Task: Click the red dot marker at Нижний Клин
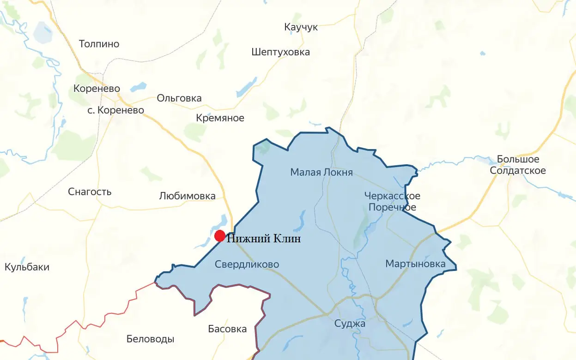point(220,236)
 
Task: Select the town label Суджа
point(350,324)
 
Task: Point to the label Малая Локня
point(321,173)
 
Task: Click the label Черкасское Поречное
point(392,202)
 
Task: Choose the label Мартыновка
point(415,264)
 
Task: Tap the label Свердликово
point(247,264)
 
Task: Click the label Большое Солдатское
point(518,165)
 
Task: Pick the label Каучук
point(301,27)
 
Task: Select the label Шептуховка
point(280,52)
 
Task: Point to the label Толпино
point(99,44)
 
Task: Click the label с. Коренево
point(115,110)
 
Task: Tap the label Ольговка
point(179,98)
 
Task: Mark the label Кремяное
point(220,118)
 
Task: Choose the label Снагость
point(90,192)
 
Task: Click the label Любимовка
point(187,196)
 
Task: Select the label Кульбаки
point(27,267)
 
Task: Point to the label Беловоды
point(150,339)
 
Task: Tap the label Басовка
point(227,330)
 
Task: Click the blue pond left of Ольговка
point(138,87)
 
